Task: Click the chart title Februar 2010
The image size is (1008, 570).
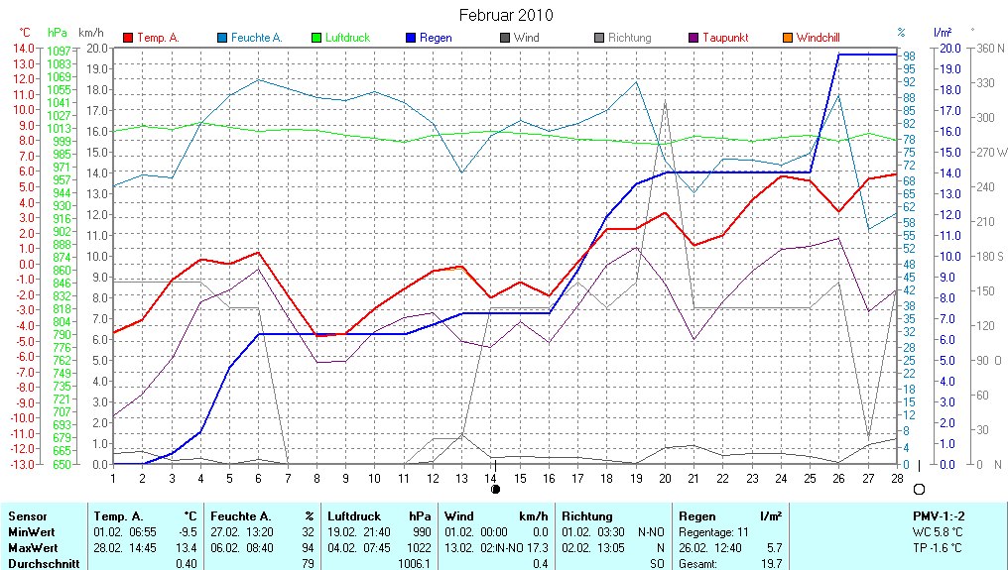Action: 506,15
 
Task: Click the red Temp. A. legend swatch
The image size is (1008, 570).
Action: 128,38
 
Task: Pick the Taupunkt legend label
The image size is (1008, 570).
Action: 725,38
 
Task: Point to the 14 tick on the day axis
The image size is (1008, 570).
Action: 491,477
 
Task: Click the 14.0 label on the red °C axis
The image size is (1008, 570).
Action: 22,48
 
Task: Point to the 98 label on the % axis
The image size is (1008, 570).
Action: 908,56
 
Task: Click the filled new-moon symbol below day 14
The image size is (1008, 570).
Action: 495,489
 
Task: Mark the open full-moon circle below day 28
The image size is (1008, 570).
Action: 919,489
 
